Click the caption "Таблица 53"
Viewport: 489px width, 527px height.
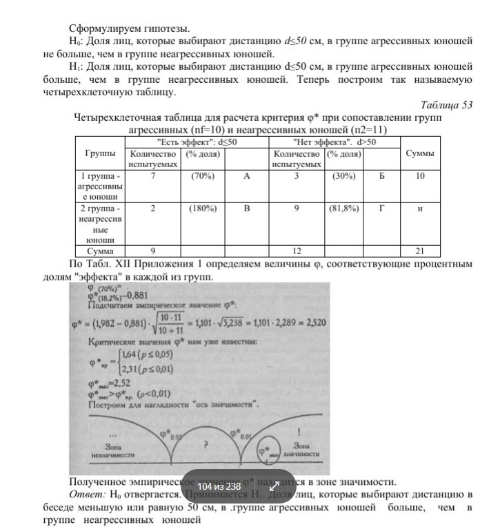446,105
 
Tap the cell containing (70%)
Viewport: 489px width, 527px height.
203,176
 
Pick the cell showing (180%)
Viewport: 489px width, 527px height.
203,208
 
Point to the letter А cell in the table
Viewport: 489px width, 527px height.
246,176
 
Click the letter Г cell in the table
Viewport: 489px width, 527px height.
381,208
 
